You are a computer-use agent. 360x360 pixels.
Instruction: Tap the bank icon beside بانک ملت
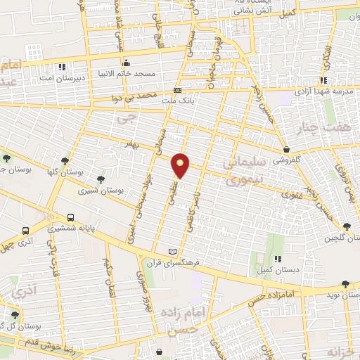[x=178, y=91]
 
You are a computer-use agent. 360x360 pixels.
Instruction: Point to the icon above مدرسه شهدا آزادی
[x=323, y=80]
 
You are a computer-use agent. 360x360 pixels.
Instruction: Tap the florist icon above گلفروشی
[x=287, y=150]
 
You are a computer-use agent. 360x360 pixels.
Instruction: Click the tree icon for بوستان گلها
[x=65, y=160]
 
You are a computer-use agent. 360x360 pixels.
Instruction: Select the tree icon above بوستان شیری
[x=102, y=179]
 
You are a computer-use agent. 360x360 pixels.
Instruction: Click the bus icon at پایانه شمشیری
[x=70, y=217]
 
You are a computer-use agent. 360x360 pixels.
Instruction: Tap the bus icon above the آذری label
[x=26, y=230]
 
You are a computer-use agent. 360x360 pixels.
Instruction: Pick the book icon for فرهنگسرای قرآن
[x=174, y=251]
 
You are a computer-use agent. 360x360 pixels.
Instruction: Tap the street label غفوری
[x=291, y=195]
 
